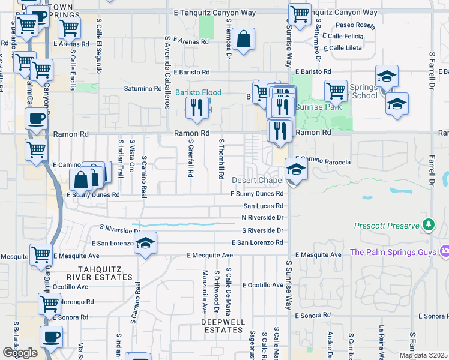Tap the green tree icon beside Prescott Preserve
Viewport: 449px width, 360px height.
[x=428, y=225]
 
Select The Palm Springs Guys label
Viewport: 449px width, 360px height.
[x=393, y=252]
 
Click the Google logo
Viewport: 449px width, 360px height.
[x=20, y=352]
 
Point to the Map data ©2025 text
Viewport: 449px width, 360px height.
[x=423, y=355]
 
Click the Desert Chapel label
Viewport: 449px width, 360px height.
[x=258, y=181]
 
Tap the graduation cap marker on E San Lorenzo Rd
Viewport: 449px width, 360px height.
[x=145, y=243]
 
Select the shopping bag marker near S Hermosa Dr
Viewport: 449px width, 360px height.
[x=243, y=40]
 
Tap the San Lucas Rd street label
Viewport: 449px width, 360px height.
[x=262, y=206]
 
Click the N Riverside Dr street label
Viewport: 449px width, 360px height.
[x=262, y=218]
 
